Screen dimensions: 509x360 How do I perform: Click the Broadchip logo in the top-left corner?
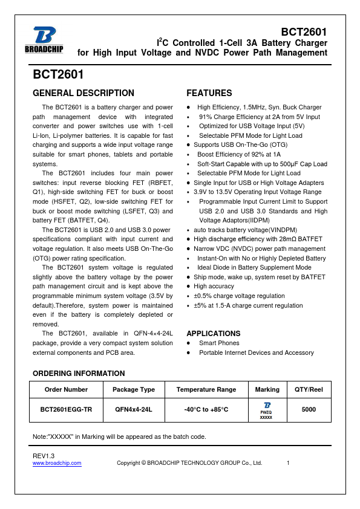[45, 41]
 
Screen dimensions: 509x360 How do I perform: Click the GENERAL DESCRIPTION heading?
[83, 93]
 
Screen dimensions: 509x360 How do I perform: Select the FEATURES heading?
[209, 93]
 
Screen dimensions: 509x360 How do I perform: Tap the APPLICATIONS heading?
[213, 333]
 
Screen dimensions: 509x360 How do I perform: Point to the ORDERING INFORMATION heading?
[79, 373]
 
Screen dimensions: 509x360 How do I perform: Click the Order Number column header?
[66, 389]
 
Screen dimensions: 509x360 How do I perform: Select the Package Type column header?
[134, 389]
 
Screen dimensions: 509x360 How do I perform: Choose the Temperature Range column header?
[206, 389]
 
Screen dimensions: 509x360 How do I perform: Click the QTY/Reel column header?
[309, 389]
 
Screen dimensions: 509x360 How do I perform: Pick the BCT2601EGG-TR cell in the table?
[66, 409]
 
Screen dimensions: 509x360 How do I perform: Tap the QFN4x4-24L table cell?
[134, 409]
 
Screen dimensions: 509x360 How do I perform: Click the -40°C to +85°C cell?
[206, 409]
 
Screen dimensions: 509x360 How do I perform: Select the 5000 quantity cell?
[309, 409]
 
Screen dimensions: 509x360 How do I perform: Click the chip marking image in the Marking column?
[266, 409]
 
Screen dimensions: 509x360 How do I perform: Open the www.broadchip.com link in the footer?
[57, 463]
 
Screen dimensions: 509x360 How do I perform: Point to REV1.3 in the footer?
[44, 455]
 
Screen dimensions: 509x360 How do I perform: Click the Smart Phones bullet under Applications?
[219, 343]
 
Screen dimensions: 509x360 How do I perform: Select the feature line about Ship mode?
[259, 277]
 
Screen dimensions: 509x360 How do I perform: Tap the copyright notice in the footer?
[189, 463]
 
